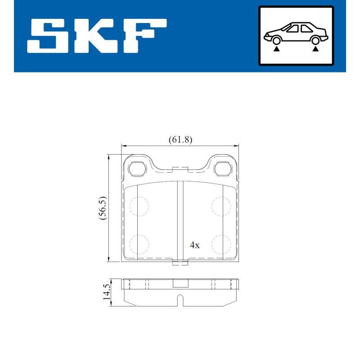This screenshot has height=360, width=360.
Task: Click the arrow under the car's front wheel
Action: click(x=276, y=48)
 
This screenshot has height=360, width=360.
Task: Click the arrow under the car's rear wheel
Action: click(x=316, y=48)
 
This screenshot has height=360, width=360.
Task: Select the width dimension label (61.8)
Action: click(x=180, y=139)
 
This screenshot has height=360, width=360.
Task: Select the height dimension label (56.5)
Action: click(x=103, y=207)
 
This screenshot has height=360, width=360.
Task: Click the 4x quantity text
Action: click(x=194, y=245)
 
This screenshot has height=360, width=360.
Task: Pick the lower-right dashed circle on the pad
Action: click(x=221, y=244)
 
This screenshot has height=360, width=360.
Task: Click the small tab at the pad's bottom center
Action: click(x=180, y=263)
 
